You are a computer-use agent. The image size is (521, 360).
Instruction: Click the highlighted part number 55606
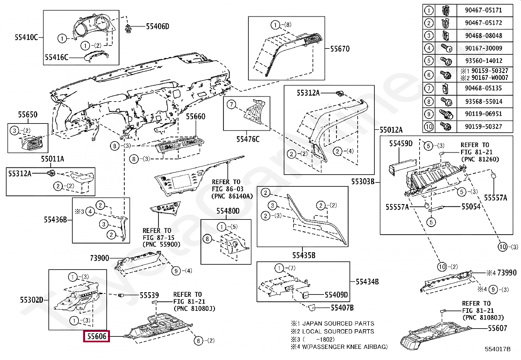tap(97, 336)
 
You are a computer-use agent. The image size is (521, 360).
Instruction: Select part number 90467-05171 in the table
tap(483, 10)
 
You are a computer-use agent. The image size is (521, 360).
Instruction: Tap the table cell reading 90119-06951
tap(483, 114)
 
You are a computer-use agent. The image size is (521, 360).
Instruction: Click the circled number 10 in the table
tap(428, 126)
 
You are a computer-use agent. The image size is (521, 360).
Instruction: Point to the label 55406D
tap(157, 27)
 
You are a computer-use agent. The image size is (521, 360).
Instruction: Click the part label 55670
tap(340, 49)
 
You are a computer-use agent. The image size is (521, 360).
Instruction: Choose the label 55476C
tap(248, 140)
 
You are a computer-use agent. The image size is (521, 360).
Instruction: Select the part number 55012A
tap(391, 130)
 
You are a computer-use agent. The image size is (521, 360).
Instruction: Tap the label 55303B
tap(363, 181)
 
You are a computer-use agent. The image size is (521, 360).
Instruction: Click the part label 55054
tap(471, 206)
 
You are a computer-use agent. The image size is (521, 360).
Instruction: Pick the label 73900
tap(99, 258)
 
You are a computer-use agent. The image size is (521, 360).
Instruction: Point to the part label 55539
tap(149, 295)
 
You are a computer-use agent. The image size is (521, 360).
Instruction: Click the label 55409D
tap(336, 295)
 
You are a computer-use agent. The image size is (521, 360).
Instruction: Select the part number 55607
tap(497, 328)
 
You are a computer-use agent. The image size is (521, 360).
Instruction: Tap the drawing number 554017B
tap(497, 349)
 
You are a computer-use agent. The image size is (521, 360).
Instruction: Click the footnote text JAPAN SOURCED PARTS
tap(338, 323)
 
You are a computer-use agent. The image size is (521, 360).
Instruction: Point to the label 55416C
tap(57, 58)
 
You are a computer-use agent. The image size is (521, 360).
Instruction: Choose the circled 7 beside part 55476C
tap(231, 105)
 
